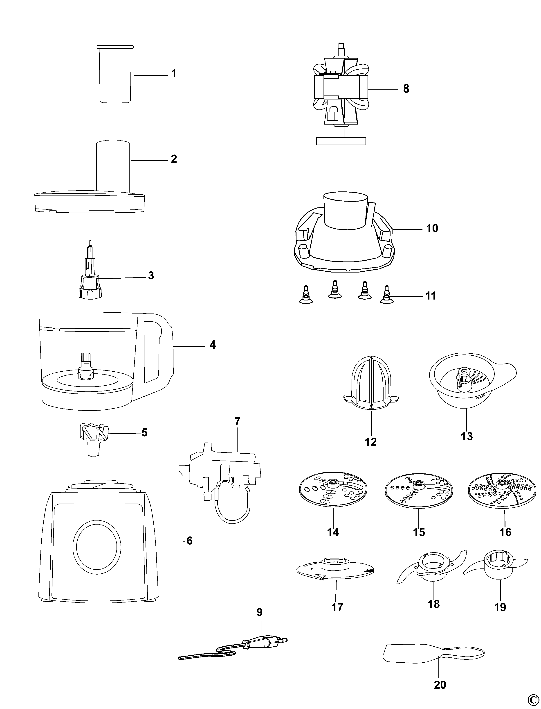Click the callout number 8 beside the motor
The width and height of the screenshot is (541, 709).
pos(406,89)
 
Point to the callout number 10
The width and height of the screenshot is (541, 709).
pos(432,228)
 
